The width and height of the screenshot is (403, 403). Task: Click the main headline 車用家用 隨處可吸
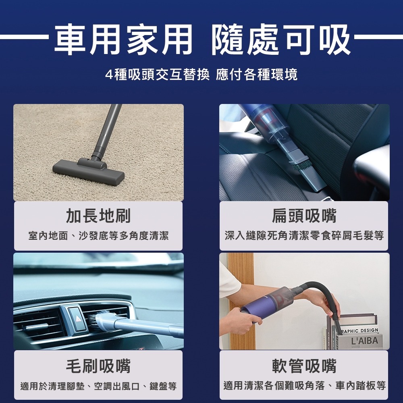click(x=202, y=39)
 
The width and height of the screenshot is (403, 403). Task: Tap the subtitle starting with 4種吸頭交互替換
click(x=201, y=75)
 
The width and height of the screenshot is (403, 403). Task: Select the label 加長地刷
click(x=98, y=215)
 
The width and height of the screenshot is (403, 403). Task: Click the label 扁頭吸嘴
click(x=304, y=215)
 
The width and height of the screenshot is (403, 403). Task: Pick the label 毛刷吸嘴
click(x=98, y=366)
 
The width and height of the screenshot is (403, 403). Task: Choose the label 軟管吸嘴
click(x=304, y=366)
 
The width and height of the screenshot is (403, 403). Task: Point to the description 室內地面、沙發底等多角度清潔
click(x=98, y=236)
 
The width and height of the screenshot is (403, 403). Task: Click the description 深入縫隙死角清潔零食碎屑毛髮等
click(x=304, y=236)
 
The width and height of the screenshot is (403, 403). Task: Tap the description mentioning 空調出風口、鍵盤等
click(x=98, y=386)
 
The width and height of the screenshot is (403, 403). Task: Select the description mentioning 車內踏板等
click(x=305, y=386)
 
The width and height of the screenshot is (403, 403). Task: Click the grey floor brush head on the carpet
click(x=89, y=171)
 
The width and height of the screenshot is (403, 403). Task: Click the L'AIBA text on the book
click(x=364, y=341)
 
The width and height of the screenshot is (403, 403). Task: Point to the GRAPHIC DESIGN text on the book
click(x=359, y=331)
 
